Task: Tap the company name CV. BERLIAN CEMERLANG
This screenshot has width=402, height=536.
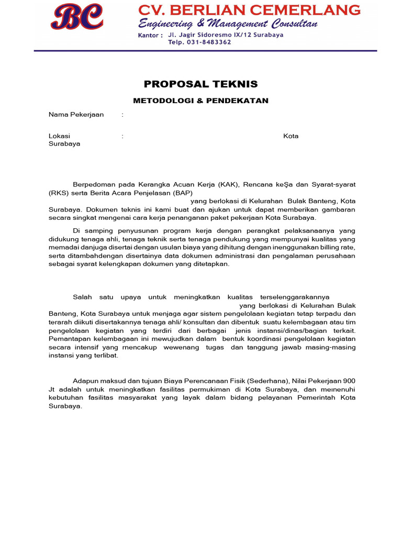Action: (249, 10)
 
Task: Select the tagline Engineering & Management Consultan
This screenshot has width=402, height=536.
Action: (228, 24)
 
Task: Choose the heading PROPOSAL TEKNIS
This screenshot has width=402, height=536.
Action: (201, 84)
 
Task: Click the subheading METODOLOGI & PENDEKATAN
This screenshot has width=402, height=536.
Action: (201, 100)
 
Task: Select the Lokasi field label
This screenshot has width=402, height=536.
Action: (59, 136)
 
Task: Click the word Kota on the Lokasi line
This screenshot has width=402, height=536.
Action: (291, 136)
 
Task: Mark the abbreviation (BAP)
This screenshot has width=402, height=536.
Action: (181, 193)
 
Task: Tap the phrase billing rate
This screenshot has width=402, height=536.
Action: (338, 247)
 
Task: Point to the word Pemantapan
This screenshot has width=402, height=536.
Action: (71, 339)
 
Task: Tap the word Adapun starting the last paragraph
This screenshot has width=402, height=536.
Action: (85, 381)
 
